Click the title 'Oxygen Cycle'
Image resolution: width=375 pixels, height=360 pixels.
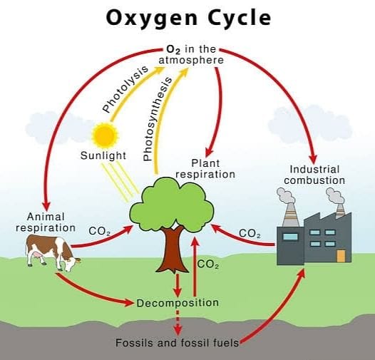187,18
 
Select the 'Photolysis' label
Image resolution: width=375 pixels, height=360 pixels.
125,88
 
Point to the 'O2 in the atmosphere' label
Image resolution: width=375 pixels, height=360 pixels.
191,54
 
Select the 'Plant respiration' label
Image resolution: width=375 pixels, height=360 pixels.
205,168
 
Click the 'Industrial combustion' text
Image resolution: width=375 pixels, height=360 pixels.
314,175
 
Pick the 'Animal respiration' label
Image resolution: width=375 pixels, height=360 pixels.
46,222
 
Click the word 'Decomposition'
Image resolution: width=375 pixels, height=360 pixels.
178,303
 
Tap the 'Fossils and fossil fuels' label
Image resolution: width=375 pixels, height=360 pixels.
178,343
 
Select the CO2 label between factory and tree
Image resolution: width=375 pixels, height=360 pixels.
250,233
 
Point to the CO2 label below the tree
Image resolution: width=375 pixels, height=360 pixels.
207,265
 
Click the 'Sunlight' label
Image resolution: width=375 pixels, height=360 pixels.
103,155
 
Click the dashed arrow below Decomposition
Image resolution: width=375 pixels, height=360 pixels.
178,322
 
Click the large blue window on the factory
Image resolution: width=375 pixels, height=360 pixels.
291,236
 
